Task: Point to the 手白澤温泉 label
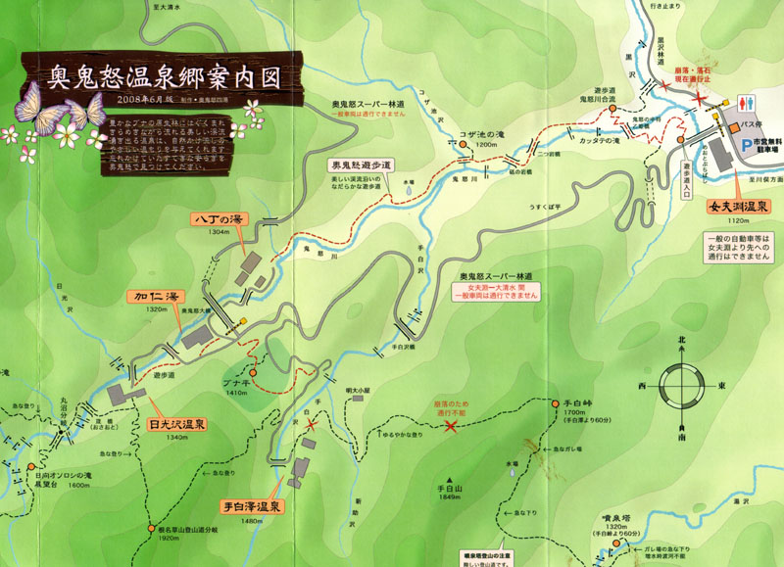coord(251,506)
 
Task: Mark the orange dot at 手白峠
coord(556,402)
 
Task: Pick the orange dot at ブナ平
coord(253,373)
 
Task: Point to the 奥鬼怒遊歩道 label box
coord(362,165)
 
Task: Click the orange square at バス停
coord(731,128)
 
